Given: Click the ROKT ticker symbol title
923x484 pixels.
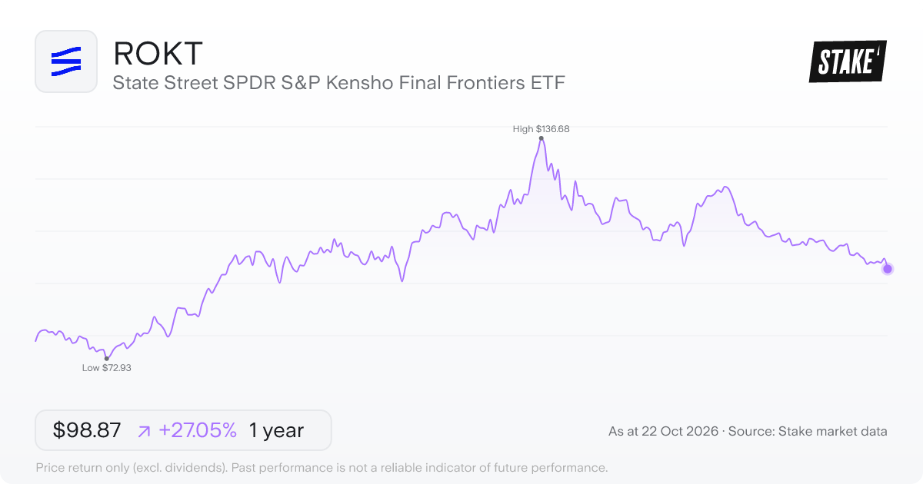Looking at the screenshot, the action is [158, 54].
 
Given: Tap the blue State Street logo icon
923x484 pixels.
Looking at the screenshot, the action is [66, 61].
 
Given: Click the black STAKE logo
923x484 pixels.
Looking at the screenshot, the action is [848, 61].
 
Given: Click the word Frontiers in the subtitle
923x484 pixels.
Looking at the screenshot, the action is [485, 83].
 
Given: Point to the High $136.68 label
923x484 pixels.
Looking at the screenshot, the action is [541, 129].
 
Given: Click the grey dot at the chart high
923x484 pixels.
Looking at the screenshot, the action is [541, 138].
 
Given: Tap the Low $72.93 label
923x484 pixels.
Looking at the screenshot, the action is [106, 367].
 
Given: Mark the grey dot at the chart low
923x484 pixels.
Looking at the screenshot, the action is [107, 359].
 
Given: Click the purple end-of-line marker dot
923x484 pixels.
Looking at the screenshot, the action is [888, 269].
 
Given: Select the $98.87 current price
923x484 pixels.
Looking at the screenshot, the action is [86, 430].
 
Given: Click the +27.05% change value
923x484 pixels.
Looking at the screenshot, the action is [198, 430].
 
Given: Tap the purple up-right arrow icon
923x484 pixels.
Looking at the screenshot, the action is [145, 431].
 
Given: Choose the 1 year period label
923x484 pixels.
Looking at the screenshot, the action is [276, 430].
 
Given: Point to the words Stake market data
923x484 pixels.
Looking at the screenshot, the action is [832, 431].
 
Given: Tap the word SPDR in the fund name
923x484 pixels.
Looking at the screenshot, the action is [249, 83].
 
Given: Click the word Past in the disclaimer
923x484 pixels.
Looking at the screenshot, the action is [243, 468].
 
